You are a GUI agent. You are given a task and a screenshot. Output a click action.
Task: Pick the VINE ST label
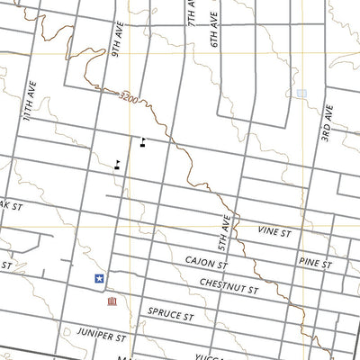275,232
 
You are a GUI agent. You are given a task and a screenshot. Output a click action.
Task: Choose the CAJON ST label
207,262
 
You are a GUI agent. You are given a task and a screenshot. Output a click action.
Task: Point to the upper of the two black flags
142,139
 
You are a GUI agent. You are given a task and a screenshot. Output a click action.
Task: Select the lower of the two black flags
118,164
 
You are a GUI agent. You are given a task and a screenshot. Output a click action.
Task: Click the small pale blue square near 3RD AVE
301,93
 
